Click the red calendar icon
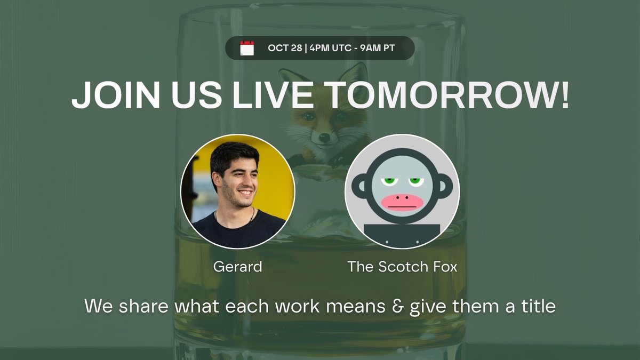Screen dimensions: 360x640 [247, 48]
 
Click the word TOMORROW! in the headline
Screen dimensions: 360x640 [448, 96]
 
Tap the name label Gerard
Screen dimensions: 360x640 [238, 267]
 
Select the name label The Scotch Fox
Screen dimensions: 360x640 [402, 267]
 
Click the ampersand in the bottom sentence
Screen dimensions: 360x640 [398, 307]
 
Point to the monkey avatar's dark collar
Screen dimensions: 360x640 [402, 235]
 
